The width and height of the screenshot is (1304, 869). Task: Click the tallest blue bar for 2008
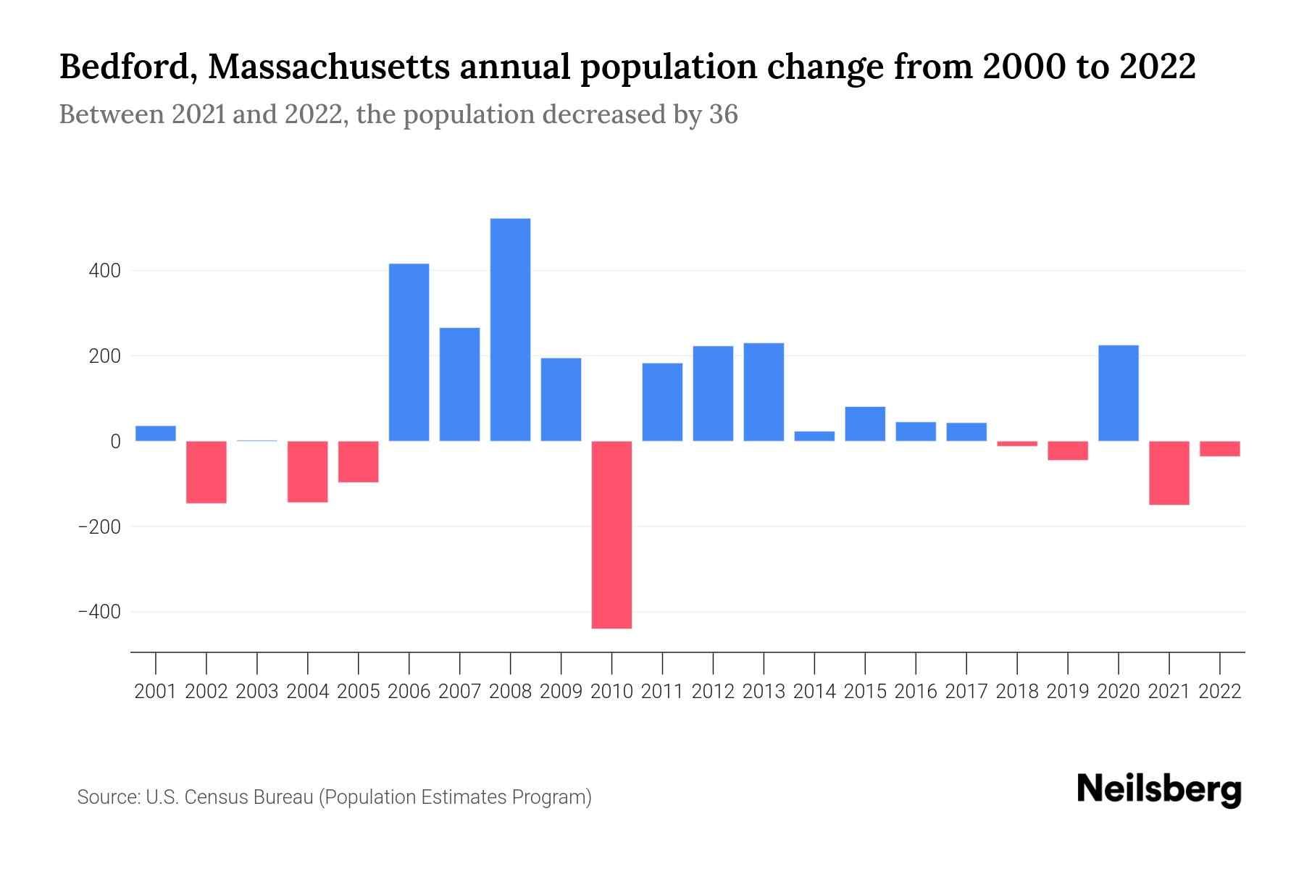(x=510, y=329)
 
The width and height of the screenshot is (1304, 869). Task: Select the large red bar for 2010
(x=611, y=534)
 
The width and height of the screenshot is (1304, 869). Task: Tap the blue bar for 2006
(x=409, y=352)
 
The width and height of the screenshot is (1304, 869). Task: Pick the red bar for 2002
(x=206, y=472)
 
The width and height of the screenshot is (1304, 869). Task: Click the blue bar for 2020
(x=1118, y=392)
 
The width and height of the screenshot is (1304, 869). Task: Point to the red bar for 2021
(x=1169, y=473)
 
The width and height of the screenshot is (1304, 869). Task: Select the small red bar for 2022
(x=1219, y=449)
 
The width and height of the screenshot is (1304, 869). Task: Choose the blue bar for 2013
(x=764, y=392)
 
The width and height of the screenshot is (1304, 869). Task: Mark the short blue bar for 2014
(x=814, y=436)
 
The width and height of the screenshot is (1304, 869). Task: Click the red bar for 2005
(x=358, y=462)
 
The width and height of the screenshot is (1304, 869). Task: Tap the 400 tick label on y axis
(x=104, y=271)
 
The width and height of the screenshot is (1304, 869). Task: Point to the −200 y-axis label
(x=99, y=526)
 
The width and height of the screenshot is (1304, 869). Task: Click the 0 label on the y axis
(x=114, y=441)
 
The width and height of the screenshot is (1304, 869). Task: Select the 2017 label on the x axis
(x=966, y=692)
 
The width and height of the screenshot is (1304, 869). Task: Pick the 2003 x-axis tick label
(x=257, y=692)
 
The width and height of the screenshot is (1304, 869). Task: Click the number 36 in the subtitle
(x=723, y=114)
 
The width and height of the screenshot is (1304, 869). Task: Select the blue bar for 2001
(x=156, y=433)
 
